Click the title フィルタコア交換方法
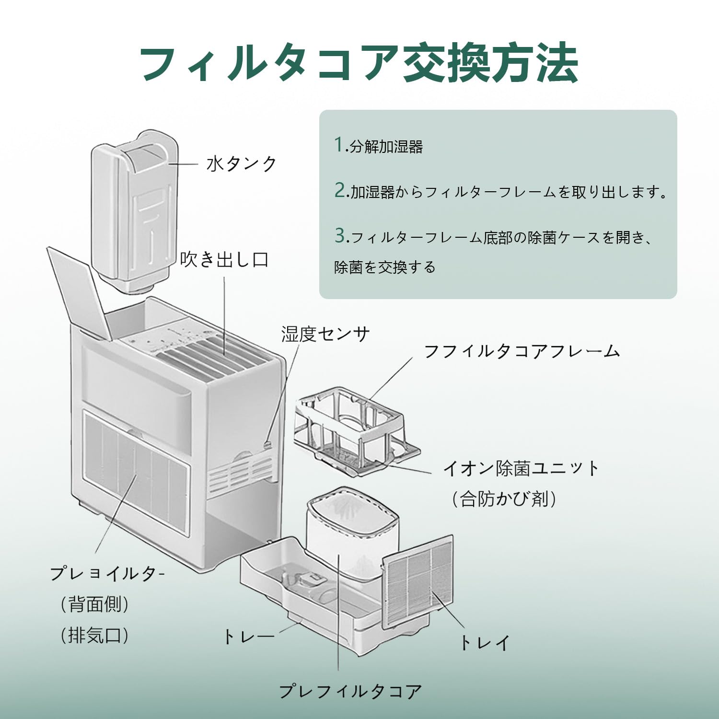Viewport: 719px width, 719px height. point(359,63)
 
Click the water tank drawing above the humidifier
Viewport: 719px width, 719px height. point(133,211)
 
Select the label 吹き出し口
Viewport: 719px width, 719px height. point(224,260)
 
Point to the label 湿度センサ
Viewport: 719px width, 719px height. point(325,334)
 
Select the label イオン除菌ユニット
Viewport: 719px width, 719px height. point(522,468)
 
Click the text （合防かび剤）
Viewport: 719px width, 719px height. point(504,499)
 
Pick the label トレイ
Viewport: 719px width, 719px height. point(485,643)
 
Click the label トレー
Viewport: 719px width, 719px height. point(248,637)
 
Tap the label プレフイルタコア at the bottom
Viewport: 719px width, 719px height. point(350,692)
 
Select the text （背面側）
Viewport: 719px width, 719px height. point(95,604)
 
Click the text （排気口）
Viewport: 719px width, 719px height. point(95,636)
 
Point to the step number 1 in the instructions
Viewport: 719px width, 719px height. point(339,144)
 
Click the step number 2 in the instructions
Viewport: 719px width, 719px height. point(340,190)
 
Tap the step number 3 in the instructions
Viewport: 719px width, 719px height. point(340,235)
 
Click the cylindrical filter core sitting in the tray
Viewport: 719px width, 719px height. point(352,532)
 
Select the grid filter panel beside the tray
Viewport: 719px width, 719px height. point(418,581)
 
